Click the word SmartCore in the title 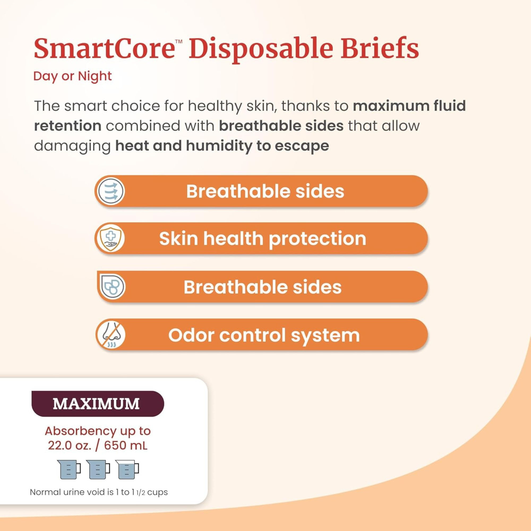coord(104,49)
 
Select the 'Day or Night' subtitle coord(72,76)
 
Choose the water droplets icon coord(112,287)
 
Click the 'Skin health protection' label coord(263,239)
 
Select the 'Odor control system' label coord(264,335)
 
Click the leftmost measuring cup coord(69,469)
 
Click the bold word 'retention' coord(68,126)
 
